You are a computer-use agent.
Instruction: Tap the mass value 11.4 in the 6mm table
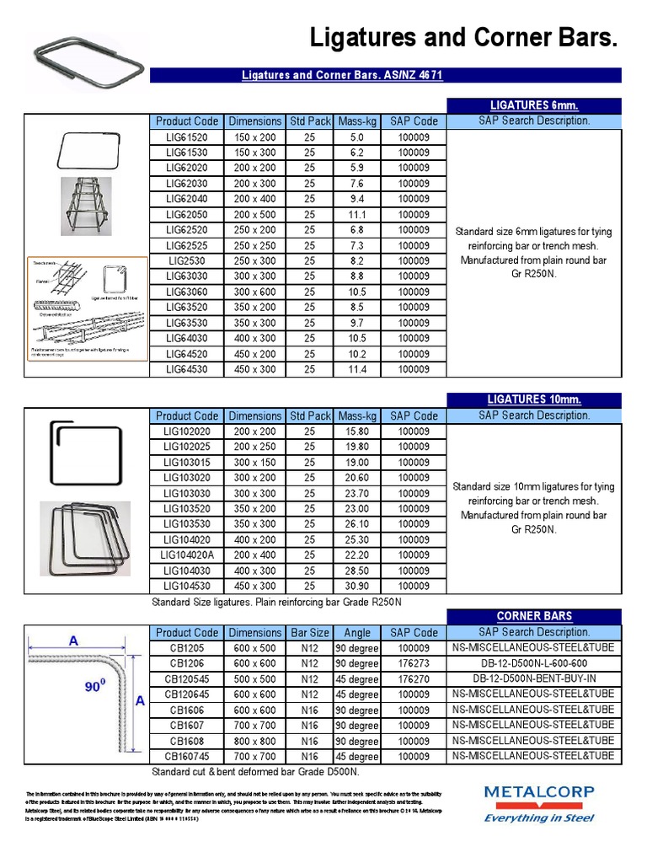(x=356, y=369)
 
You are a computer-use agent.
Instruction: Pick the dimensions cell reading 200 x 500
(x=254, y=214)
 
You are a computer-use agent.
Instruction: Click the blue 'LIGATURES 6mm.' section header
(x=534, y=105)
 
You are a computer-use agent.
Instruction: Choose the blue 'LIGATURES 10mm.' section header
(x=534, y=399)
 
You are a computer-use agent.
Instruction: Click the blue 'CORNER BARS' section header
(x=534, y=616)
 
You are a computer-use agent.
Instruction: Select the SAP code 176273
(x=414, y=663)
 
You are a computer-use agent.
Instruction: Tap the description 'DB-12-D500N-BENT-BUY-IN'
(x=534, y=678)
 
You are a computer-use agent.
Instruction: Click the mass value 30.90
(x=356, y=586)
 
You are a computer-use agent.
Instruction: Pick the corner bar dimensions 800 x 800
(x=254, y=741)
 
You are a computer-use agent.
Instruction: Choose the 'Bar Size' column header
(x=309, y=632)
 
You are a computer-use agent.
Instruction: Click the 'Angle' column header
(x=356, y=632)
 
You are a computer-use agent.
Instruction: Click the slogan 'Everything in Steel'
(x=538, y=817)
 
